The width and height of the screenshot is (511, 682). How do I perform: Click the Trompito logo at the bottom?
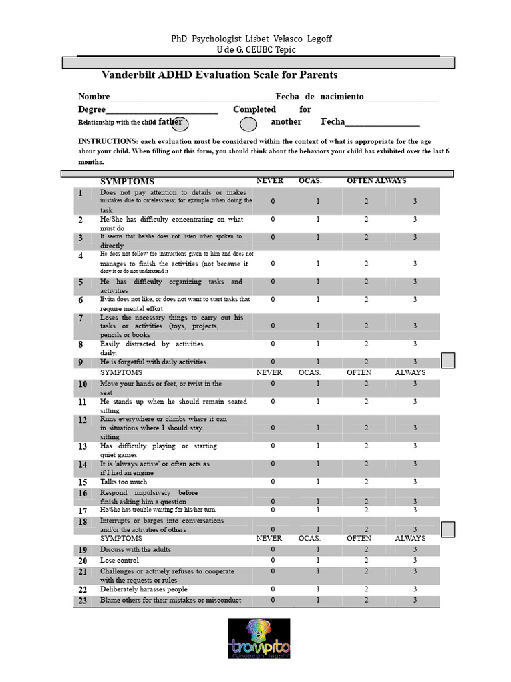coord(259,639)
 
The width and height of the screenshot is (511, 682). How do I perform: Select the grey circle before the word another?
coord(248,124)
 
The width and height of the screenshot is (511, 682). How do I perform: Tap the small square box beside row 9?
coord(448,360)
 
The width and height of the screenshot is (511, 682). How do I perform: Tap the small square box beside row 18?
coord(448,529)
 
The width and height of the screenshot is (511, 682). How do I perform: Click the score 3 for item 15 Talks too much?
coord(415,482)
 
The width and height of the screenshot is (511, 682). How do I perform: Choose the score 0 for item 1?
coord(273,201)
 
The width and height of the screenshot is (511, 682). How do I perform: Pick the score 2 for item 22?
coord(366,589)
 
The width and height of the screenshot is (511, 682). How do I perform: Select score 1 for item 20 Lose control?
coord(318,561)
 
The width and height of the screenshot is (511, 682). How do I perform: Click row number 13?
coord(82,446)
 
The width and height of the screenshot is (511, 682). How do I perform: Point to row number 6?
coord(81,300)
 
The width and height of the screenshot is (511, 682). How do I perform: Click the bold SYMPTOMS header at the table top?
coord(127,181)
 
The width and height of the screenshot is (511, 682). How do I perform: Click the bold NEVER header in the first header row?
coord(270,180)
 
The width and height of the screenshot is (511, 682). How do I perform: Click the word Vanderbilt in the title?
coord(128,75)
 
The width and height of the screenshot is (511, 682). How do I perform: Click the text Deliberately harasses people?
coord(144,589)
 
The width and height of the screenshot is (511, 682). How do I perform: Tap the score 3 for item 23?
coord(415,600)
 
